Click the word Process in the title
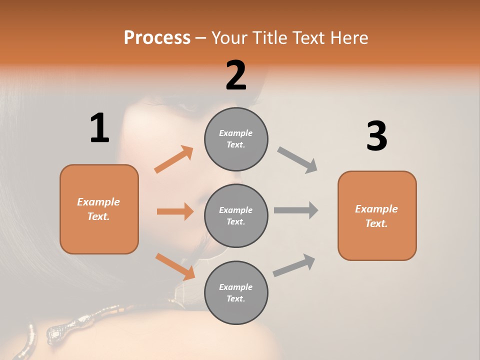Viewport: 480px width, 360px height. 157,37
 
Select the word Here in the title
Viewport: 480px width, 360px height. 348,37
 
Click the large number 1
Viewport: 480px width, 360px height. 99,128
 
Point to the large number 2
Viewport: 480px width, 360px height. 236,75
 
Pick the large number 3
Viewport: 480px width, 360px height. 376,136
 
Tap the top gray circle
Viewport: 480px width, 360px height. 236,139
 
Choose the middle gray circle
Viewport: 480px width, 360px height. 236,215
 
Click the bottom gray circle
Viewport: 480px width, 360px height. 236,292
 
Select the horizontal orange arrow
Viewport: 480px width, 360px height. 175,211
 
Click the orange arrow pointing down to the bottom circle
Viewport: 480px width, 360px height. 175,266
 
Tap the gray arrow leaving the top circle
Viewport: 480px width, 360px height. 297,160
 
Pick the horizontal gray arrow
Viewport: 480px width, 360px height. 296,210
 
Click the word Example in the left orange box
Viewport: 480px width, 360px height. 98,202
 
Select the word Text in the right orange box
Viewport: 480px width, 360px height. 375,223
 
